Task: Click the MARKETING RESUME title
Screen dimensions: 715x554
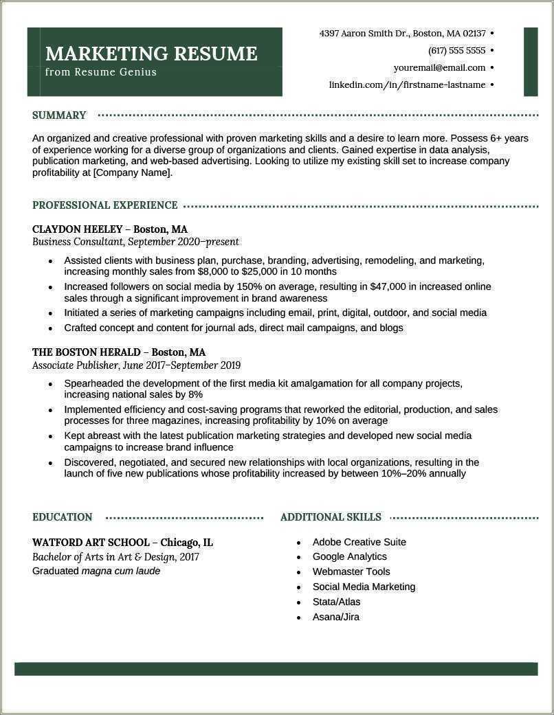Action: tap(151, 54)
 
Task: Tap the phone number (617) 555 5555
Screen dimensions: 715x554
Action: tap(456, 51)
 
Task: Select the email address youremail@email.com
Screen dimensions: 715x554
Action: tap(439, 68)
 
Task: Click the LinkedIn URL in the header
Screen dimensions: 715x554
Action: tap(407, 85)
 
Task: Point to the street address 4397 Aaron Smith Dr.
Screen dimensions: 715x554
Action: tap(364, 33)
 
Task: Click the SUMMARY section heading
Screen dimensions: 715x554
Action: tap(59, 115)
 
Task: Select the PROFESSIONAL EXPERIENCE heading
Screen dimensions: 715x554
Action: tap(104, 205)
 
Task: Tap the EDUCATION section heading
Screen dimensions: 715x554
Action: tap(62, 517)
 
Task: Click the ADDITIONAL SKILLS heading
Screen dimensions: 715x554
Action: tap(331, 517)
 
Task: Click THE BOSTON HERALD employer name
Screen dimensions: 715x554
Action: tap(87, 352)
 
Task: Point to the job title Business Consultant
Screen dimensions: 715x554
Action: tap(78, 242)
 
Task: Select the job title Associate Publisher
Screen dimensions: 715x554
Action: tap(76, 365)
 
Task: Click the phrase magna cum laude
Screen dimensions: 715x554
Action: tap(120, 571)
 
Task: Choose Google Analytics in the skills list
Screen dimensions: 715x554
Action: tap(349, 556)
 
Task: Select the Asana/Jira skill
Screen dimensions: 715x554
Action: tap(335, 617)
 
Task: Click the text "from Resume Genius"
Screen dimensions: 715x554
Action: tap(101, 72)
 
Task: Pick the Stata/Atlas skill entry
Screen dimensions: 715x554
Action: tap(336, 602)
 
